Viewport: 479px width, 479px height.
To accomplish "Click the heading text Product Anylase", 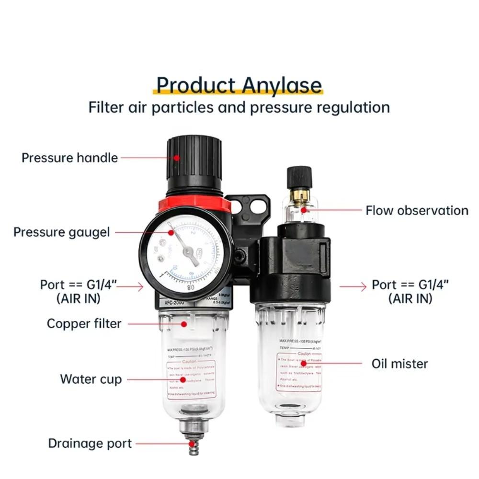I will [x=239, y=85].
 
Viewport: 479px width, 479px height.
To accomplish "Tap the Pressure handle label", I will [x=69, y=158].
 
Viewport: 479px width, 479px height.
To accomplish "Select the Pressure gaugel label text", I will [x=61, y=232].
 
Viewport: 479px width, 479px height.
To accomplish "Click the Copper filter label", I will [x=84, y=323].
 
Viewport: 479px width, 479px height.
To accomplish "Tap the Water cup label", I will [x=91, y=379].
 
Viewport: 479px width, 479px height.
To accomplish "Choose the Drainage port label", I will [x=90, y=444].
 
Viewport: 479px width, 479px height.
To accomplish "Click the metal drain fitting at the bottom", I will [x=194, y=433].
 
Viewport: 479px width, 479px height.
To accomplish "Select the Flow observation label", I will [x=417, y=210].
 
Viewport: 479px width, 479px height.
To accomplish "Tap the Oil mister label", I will [x=399, y=364].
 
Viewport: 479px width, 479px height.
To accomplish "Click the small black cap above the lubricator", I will [x=299, y=177].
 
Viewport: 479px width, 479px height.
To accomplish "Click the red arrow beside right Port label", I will [x=353, y=287].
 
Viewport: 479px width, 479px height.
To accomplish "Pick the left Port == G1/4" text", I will [x=77, y=285].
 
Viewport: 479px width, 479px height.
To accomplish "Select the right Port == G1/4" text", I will [x=410, y=285].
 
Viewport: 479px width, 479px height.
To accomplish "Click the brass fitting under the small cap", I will [x=300, y=195].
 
